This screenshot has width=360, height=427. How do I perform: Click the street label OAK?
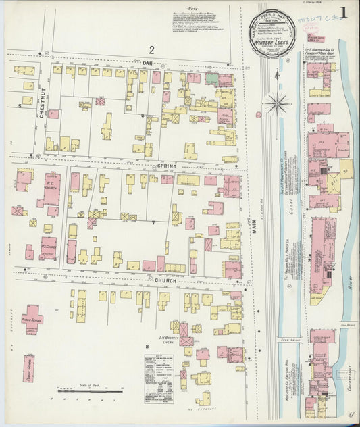[x=148, y=62]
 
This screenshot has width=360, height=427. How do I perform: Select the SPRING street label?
[x=166, y=166]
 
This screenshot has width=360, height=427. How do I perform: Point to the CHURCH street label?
[x=165, y=280]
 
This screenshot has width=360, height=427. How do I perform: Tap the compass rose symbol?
[x=277, y=104]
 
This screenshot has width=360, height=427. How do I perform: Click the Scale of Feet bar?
[x=91, y=390]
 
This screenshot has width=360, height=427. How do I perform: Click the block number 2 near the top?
[x=152, y=49]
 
